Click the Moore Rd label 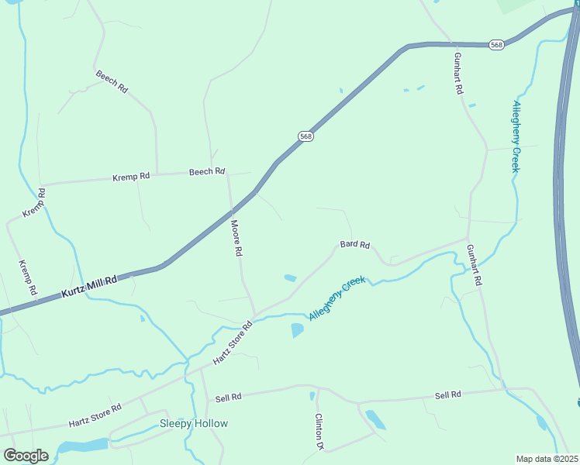click(x=237, y=238)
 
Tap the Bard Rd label click(x=355, y=245)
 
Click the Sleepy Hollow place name click(x=194, y=423)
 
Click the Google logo click(x=25, y=456)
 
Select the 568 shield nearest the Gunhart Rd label click(x=497, y=45)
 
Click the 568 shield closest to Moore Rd click(x=306, y=136)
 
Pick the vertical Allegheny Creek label click(x=516, y=137)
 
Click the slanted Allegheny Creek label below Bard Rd click(x=336, y=301)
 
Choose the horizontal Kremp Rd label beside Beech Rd click(x=131, y=177)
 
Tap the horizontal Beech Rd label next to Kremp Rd click(x=207, y=172)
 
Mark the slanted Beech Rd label click(x=112, y=81)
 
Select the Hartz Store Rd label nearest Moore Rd click(x=233, y=344)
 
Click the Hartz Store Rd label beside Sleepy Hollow click(x=95, y=415)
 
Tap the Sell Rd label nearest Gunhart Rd click(x=448, y=394)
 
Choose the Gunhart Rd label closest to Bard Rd click(x=474, y=264)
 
